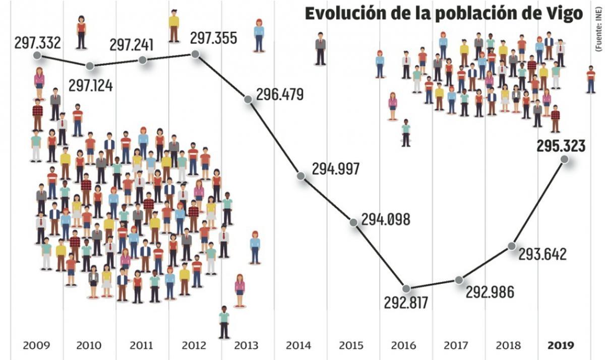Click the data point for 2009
(37, 55)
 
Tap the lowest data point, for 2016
(406, 288)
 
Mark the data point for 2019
(564, 159)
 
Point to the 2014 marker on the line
(301, 176)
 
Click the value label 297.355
(213, 38)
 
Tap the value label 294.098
(386, 220)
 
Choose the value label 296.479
(280, 94)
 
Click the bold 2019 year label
(561, 346)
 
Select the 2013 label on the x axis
(247, 346)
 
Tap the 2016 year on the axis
(404, 346)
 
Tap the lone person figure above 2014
(320, 48)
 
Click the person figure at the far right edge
(591, 80)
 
